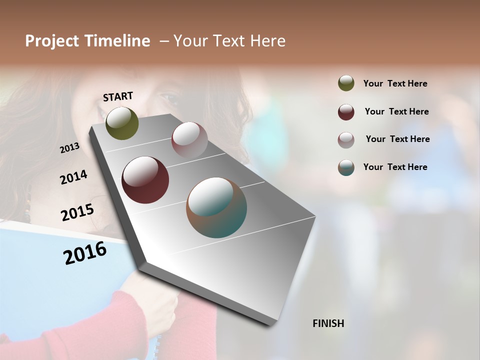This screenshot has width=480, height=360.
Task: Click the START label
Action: (x=118, y=96)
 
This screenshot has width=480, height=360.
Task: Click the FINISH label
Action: (x=328, y=323)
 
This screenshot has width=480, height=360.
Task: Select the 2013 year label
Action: (x=69, y=148)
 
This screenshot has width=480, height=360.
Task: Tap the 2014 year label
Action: (x=73, y=177)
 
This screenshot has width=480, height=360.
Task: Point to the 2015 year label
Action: (x=77, y=212)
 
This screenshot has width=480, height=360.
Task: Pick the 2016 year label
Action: (x=85, y=253)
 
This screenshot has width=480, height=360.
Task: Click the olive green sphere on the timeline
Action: (x=122, y=123)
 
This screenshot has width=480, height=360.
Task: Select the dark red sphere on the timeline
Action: (x=145, y=180)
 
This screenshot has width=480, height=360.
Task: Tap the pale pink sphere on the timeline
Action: (x=189, y=140)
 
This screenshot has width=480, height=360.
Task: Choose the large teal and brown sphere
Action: (x=216, y=207)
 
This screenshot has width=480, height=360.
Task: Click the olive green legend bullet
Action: (x=346, y=83)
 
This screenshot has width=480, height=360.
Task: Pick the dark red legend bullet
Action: (x=346, y=112)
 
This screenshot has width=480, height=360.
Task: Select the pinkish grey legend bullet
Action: (x=346, y=140)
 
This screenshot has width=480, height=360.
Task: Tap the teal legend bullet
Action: (x=346, y=167)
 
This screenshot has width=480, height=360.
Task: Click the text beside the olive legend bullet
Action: (x=395, y=84)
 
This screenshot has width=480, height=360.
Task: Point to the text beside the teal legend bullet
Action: (x=395, y=167)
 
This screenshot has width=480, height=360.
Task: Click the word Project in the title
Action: (x=52, y=41)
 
